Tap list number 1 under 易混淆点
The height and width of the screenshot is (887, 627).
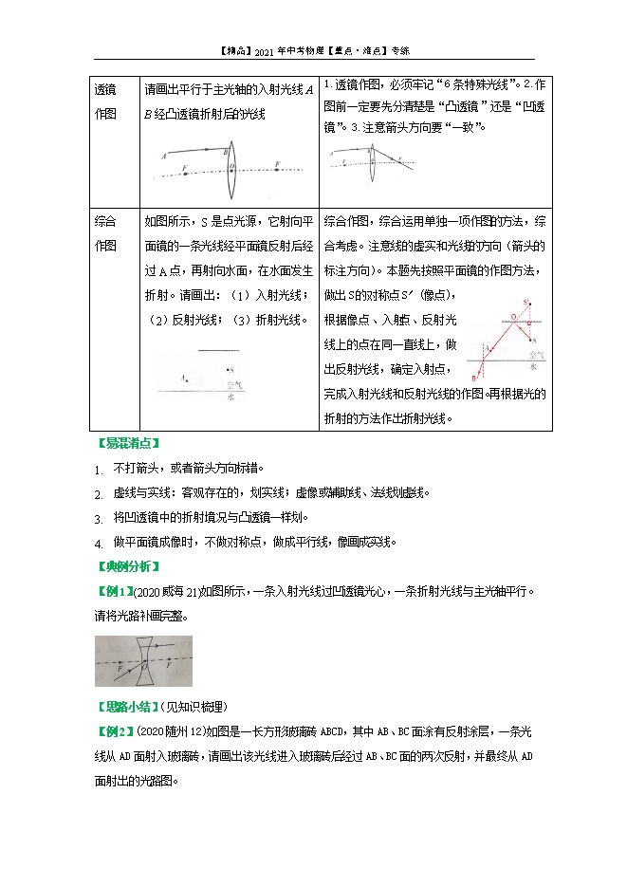(x=98, y=470)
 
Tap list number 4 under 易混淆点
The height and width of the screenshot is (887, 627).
(x=98, y=544)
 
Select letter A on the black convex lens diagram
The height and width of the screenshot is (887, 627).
(x=165, y=155)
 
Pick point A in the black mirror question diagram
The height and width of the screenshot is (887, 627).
(x=182, y=378)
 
